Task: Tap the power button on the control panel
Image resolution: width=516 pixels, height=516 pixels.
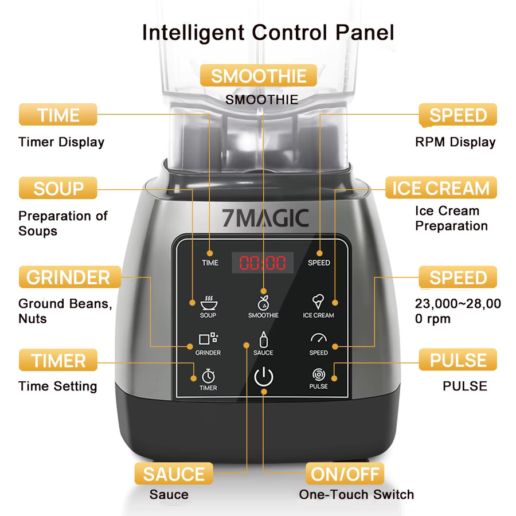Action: pos(264,377)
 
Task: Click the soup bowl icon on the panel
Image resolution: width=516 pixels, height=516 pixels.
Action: pos(209,303)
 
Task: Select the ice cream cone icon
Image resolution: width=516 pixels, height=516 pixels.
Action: pos(318,302)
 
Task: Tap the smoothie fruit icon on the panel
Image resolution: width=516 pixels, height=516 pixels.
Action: pos(263,303)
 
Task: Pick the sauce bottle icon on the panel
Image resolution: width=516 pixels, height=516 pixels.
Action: pos(263,339)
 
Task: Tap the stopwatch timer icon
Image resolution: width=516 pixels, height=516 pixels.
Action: pos(208,376)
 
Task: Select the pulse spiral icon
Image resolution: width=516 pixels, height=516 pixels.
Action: pos(319,374)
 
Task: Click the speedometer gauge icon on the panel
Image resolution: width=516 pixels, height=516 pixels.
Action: pos(319,338)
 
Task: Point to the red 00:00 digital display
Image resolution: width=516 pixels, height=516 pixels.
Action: pos(263,263)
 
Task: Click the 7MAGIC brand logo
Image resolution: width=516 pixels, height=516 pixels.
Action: pos(265,218)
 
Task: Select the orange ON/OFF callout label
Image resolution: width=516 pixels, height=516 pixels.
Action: pos(345,474)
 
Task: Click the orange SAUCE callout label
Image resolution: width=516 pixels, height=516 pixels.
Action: pos(174,474)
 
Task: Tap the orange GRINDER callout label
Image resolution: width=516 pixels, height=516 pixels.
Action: pos(70,277)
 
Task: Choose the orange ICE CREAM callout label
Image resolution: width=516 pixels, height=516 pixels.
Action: pos(441,187)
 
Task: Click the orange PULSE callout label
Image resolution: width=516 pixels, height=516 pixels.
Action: pos(458,359)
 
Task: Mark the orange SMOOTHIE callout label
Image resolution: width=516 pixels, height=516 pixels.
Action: pos(259,75)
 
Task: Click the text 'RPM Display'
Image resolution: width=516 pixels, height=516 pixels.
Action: pos(455,142)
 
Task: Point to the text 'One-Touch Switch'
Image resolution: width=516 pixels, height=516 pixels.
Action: pos(357,495)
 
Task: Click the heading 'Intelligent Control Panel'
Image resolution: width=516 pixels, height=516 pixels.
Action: pos(268,33)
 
